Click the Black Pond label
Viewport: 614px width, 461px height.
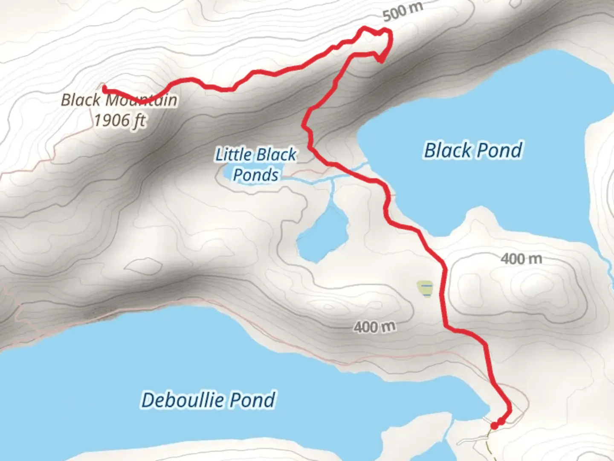point(473,150)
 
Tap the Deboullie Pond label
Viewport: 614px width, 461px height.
point(208,400)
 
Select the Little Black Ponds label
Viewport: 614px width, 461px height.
point(256,164)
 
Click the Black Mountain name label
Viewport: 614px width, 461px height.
point(119,100)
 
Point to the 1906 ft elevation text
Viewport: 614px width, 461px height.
point(119,120)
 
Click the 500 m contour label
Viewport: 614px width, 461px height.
point(403,12)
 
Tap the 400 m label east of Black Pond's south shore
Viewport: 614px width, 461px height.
point(521,259)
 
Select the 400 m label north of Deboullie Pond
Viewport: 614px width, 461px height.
point(374,327)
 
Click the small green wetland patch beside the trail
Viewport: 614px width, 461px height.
point(425,288)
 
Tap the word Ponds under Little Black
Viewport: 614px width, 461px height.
point(256,175)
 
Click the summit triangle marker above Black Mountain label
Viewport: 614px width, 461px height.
point(102,85)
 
